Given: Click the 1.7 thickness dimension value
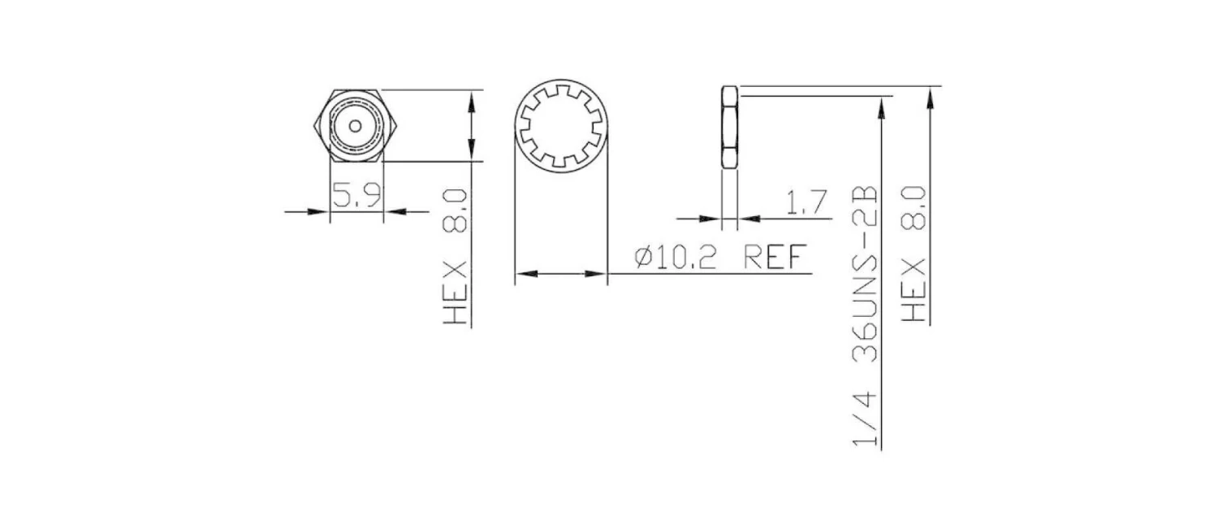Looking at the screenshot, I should pyautogui.click(x=806, y=201).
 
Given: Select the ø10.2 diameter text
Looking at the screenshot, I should pyautogui.click(x=676, y=258).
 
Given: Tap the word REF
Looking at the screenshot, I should pyautogui.click(x=775, y=258).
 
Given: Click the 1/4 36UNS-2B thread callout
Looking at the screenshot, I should pyautogui.click(x=866, y=317).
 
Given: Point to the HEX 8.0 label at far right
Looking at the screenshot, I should pyautogui.click(x=914, y=252).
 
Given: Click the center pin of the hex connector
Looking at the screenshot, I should pyautogui.click(x=356, y=125).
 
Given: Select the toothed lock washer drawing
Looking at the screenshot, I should pyautogui.click(x=561, y=126).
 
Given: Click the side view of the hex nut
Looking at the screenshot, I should pyautogui.click(x=730, y=126).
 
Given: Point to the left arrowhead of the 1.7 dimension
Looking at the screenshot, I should pyautogui.click(x=712, y=218).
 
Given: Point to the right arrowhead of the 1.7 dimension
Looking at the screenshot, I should pyautogui.click(x=748, y=218).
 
